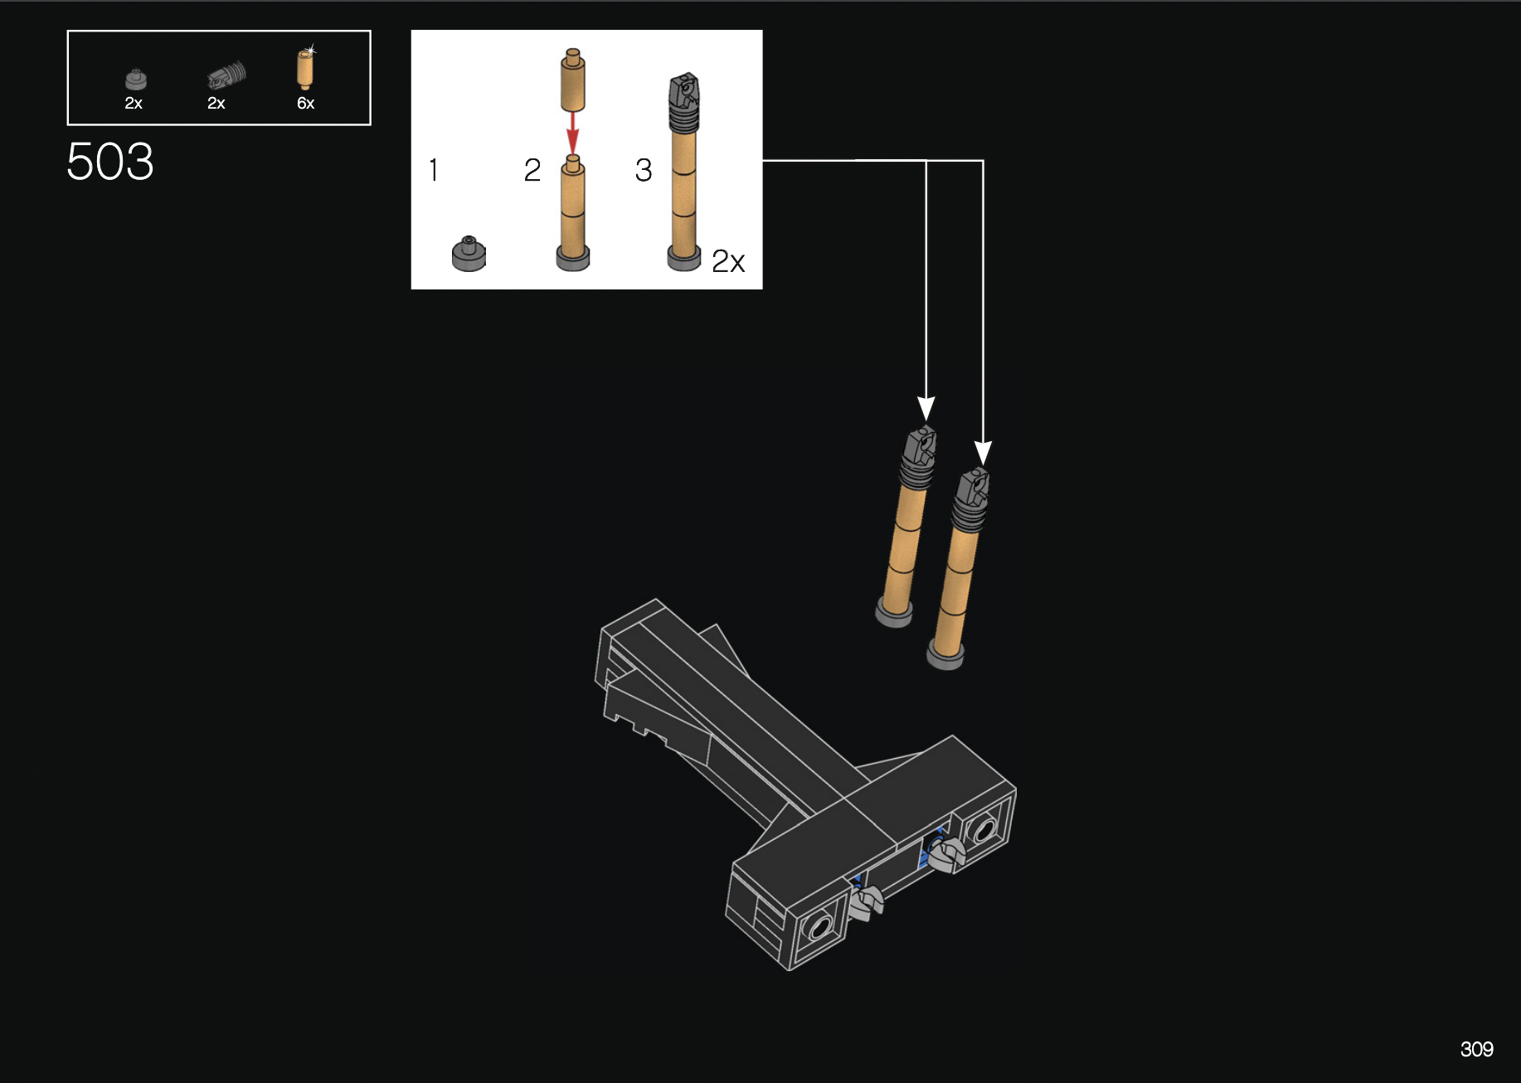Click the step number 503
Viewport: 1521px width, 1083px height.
click(x=110, y=161)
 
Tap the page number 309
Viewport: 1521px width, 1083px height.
click(x=1476, y=1049)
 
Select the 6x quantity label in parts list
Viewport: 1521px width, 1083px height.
click(x=306, y=103)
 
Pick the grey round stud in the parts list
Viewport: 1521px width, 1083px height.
click(x=136, y=80)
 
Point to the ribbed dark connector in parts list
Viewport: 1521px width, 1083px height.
click(x=226, y=76)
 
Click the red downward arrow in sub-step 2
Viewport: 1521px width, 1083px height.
click(x=572, y=133)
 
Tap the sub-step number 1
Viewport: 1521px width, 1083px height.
click(x=434, y=170)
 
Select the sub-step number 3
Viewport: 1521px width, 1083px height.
click(x=644, y=170)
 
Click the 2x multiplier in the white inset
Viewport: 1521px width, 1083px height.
click(x=728, y=261)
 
